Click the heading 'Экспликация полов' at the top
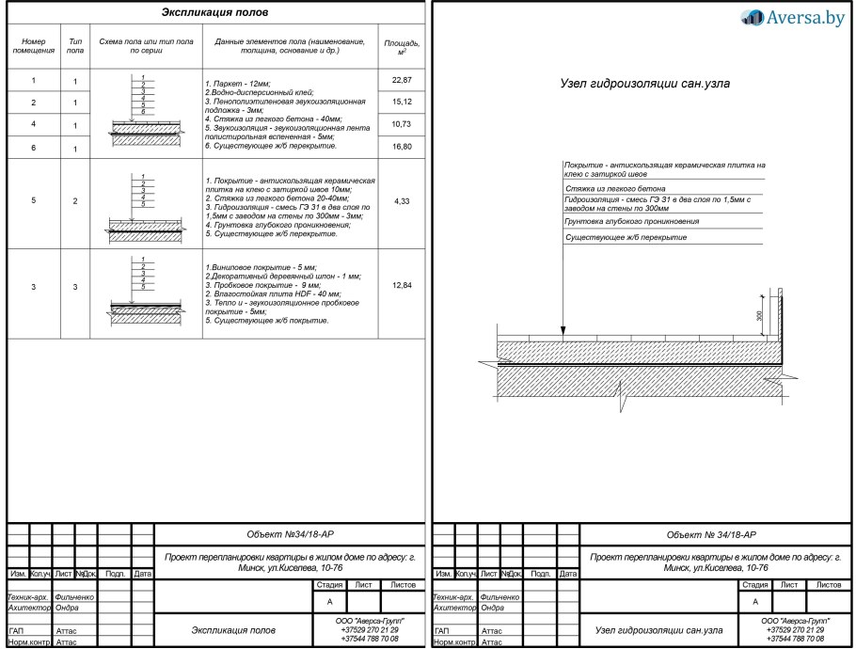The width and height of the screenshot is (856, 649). pos(215,13)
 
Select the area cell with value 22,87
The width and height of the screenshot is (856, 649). pos(402,80)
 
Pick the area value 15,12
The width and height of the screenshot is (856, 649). pos(402,102)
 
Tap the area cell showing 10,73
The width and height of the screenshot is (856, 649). pos(402,124)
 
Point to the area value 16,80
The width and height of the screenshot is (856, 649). pos(402,147)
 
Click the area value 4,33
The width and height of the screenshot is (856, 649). pos(402,201)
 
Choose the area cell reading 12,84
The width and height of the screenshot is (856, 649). pos(402,285)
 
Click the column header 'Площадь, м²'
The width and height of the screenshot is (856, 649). pos(402,46)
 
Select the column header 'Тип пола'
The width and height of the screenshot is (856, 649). pos(75,46)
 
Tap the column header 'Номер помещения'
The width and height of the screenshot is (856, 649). pos(34,46)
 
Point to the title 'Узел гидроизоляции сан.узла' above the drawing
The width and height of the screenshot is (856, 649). pos(644,84)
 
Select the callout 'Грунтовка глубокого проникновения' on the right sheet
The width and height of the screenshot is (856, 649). pos(632,222)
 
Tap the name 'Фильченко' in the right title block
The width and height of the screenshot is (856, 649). pos(499,596)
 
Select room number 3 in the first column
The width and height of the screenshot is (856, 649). pos(34,285)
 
